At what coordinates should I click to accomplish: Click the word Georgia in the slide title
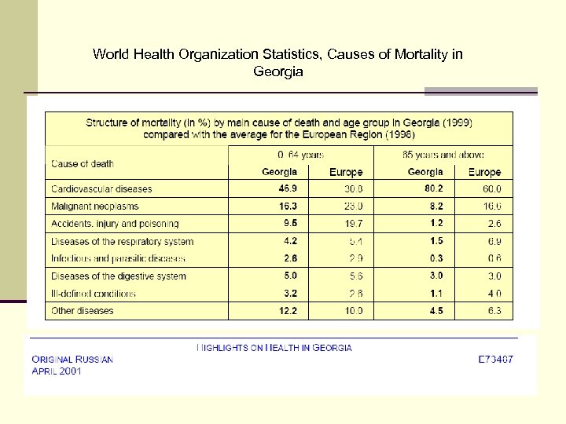[278, 71]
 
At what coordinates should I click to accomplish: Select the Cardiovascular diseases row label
[101, 189]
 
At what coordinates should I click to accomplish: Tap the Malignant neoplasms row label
[94, 207]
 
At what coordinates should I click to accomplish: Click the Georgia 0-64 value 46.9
[288, 188]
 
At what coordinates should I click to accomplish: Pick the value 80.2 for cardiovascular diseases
[433, 188]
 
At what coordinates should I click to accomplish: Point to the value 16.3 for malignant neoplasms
[288, 206]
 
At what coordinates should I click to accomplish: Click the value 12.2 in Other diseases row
[288, 311]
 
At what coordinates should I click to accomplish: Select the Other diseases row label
[83, 311]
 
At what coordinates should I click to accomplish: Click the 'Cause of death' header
[83, 163]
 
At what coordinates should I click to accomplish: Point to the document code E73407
[496, 359]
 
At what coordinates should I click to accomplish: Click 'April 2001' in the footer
[57, 371]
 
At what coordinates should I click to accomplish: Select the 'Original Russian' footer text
[72, 359]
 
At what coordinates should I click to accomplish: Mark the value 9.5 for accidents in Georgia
[290, 223]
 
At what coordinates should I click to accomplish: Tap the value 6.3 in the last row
[494, 311]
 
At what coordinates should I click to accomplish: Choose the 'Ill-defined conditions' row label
[94, 294]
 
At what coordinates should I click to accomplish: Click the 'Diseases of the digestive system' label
[119, 276]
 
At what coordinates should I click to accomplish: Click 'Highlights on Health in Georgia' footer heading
[274, 347]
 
